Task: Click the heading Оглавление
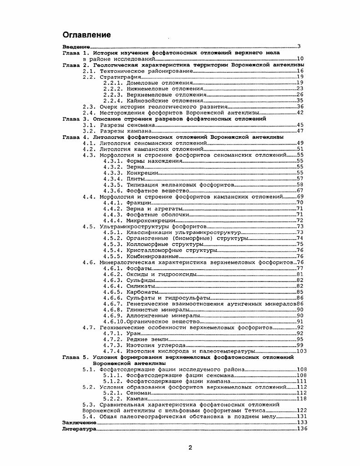click(86, 35)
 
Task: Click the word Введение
click(76, 47)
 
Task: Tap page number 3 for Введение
click(299, 47)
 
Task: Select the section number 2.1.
click(89, 71)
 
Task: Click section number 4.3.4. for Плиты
click(113, 179)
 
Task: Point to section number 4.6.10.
click(114, 321)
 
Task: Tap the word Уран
click(132, 333)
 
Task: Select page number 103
click(301, 351)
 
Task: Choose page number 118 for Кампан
click(301, 399)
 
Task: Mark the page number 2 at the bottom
click(190, 447)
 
